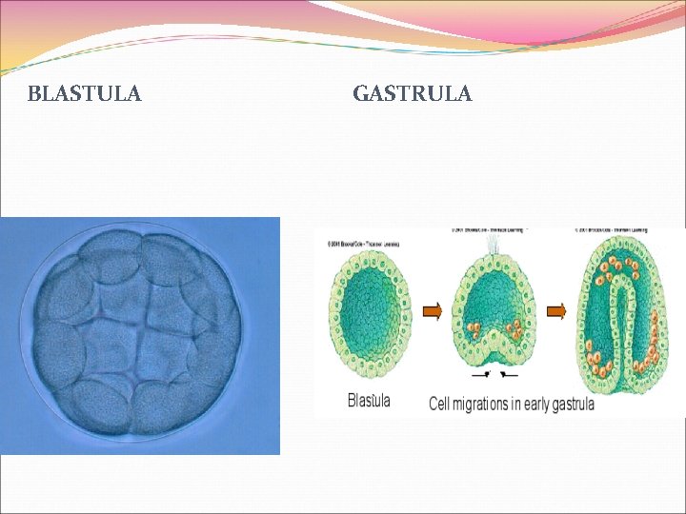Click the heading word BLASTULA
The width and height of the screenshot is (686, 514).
coord(85,93)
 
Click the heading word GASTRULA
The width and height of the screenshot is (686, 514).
coord(412,93)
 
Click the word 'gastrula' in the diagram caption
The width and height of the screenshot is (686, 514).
coord(570,404)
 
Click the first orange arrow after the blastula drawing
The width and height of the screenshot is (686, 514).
coord(433,310)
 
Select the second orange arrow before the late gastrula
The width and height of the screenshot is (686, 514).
coord(556,310)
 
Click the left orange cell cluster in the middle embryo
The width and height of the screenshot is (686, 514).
coord(474,332)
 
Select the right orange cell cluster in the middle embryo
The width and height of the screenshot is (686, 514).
coord(514,332)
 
